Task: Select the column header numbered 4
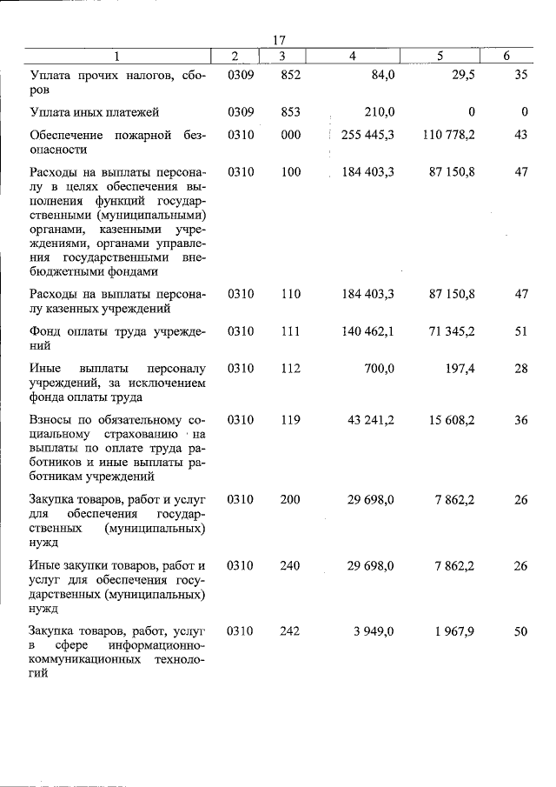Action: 352,57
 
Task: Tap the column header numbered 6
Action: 506,57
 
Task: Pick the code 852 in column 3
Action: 290,76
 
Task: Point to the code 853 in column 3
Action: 290,112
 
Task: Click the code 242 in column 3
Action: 290,631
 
